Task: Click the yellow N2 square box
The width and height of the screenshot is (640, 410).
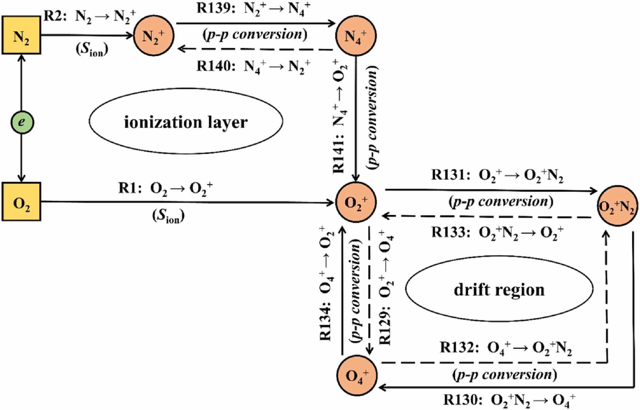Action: (x=21, y=35)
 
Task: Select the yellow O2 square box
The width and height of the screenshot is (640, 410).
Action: (x=21, y=202)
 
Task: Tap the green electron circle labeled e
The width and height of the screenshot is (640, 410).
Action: (x=22, y=122)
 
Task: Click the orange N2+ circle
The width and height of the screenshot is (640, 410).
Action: (x=153, y=36)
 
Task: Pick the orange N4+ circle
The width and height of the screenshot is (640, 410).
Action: (x=356, y=36)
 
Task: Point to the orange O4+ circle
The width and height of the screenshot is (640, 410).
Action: (x=357, y=376)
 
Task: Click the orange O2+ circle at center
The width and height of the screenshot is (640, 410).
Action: (x=356, y=202)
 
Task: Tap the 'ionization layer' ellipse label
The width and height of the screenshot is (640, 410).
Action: (x=186, y=122)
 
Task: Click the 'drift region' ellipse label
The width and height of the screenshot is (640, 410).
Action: (x=499, y=289)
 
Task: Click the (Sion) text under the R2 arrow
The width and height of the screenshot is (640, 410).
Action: (x=92, y=49)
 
